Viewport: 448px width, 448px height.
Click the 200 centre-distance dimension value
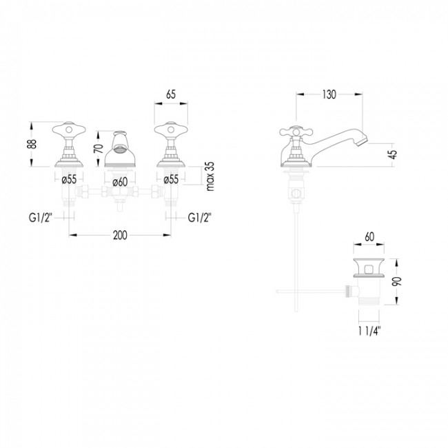(120, 236)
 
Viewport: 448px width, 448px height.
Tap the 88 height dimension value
(33, 144)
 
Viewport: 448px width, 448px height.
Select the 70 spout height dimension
(99, 149)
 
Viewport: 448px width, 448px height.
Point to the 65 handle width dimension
(171, 94)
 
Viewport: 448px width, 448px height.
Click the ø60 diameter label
(120, 182)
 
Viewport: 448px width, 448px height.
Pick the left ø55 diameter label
(69, 179)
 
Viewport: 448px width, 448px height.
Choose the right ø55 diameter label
(171, 179)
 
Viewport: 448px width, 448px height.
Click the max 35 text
(210, 176)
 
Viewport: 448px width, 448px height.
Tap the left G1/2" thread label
(40, 218)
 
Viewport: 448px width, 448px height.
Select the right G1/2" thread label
(199, 218)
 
